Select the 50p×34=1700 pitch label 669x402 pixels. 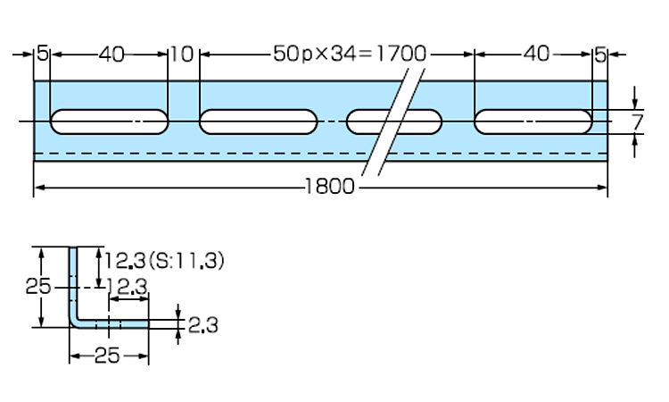click(350, 54)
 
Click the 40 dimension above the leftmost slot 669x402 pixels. click(111, 54)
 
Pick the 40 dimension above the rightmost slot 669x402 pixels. click(535, 54)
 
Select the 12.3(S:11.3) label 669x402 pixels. click(164, 261)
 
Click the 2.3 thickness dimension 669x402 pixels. click(203, 324)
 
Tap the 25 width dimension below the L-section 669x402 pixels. click(107, 356)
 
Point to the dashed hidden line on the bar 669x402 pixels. click(223, 154)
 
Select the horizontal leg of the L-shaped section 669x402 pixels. click(116, 323)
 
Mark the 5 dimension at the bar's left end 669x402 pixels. click(43, 54)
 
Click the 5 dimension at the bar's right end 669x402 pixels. click(600, 54)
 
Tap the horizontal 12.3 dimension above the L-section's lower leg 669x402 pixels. click(127, 286)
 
